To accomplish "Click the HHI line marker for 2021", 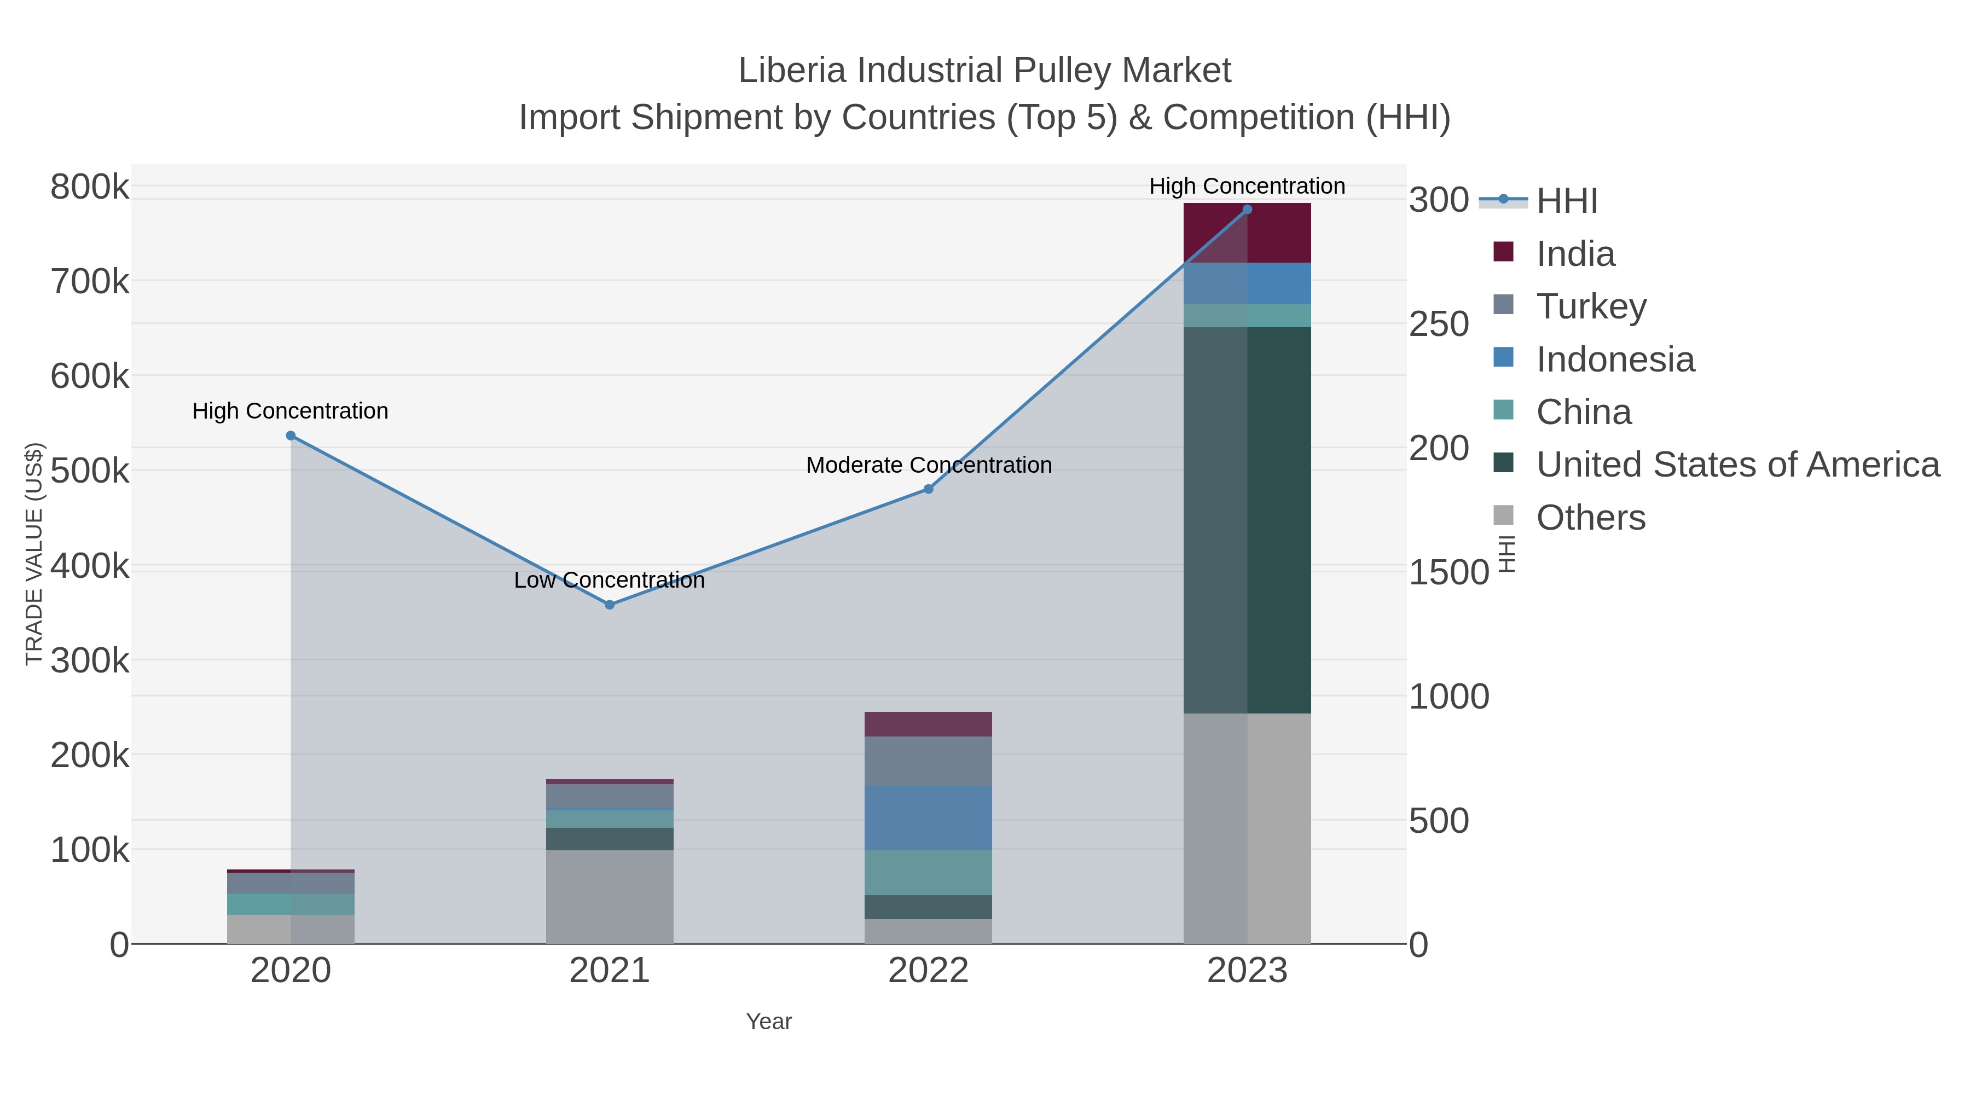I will (610, 605).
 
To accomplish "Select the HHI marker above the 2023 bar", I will (1247, 210).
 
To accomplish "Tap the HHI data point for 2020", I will (291, 436).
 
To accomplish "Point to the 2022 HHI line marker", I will (929, 489).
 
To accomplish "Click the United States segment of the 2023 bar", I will (1247, 520).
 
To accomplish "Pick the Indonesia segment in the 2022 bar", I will (929, 817).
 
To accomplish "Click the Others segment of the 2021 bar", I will (610, 896).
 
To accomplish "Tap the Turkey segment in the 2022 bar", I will (929, 761).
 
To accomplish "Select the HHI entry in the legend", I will (1566, 201).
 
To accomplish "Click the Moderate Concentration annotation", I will (929, 465).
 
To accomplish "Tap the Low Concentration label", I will (610, 581).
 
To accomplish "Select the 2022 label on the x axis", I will (929, 970).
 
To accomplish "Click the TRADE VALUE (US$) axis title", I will (34, 554).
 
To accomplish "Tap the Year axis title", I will (769, 1022).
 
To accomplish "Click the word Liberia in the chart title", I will (792, 71).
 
